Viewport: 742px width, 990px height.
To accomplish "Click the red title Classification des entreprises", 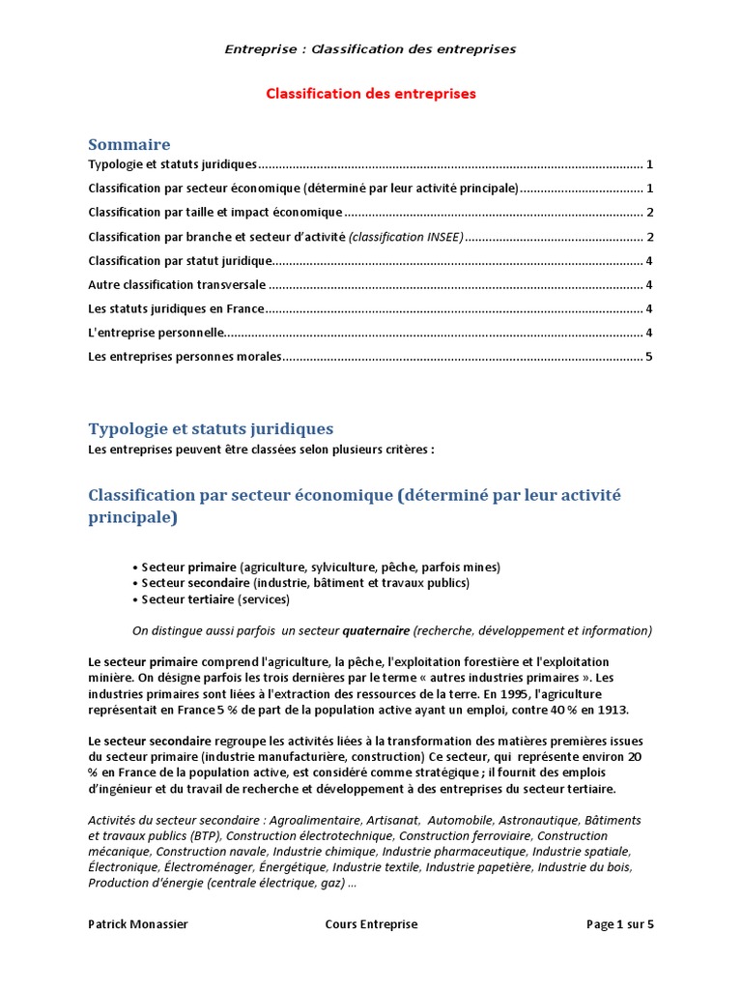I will click(371, 94).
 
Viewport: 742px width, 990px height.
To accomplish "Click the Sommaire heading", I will click(128, 144).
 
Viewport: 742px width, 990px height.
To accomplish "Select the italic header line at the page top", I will click(371, 49).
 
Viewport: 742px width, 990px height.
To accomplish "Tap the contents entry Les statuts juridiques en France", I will click(176, 309).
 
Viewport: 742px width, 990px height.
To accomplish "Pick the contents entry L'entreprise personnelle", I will click(156, 334).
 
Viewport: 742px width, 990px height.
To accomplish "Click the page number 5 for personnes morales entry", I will click(649, 358).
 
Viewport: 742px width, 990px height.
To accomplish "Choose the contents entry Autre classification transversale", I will click(176, 285).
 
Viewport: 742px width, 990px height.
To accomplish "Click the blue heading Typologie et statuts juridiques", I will click(211, 428).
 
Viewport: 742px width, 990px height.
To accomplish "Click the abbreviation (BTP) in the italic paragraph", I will click(206, 836).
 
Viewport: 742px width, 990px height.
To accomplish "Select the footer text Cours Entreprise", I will click(371, 924).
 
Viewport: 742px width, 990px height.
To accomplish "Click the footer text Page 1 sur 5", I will click(619, 924).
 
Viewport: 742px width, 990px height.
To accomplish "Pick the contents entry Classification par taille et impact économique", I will click(214, 213).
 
